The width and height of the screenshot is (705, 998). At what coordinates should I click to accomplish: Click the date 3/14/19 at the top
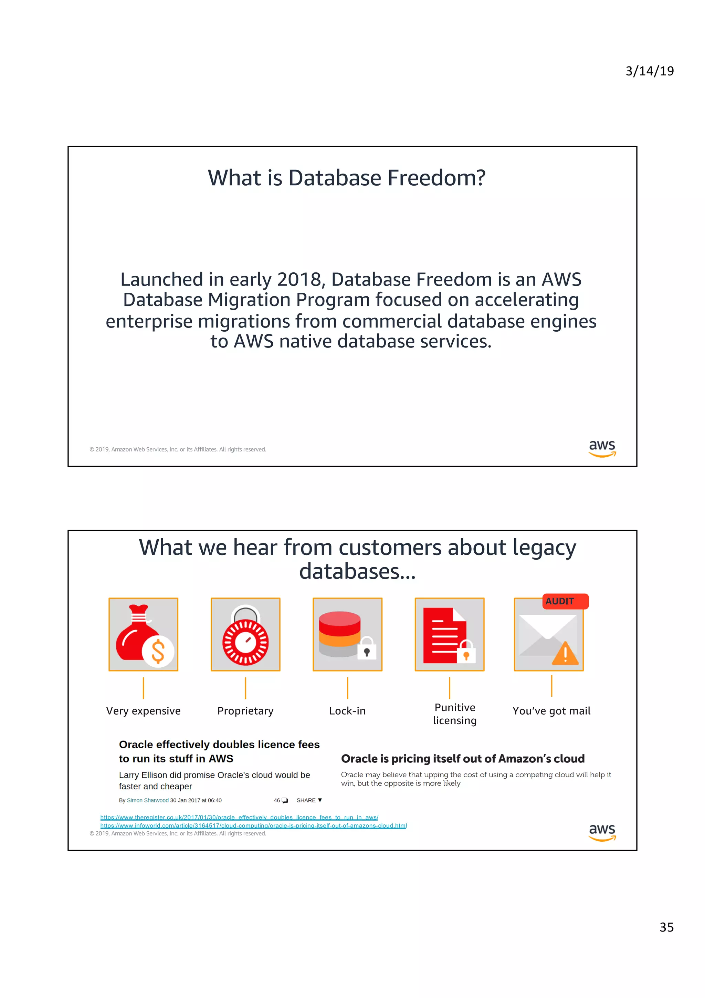click(x=649, y=71)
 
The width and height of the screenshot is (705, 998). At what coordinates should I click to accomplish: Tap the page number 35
click(x=666, y=927)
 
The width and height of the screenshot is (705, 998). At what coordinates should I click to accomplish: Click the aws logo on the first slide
click(x=602, y=448)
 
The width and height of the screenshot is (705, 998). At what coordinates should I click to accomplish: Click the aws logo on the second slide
click(x=602, y=832)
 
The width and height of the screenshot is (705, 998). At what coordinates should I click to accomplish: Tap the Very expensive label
click(x=143, y=711)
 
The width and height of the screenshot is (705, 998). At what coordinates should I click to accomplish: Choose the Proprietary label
click(x=245, y=711)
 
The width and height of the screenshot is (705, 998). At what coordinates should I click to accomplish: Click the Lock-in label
click(x=347, y=711)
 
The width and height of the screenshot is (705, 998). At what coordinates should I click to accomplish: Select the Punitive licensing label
click(x=454, y=714)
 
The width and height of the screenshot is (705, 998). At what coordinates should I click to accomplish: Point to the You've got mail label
click(x=551, y=711)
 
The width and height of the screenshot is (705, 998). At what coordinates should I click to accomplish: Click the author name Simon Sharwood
click(x=147, y=800)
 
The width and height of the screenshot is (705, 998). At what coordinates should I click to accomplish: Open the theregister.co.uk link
click(x=239, y=817)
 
